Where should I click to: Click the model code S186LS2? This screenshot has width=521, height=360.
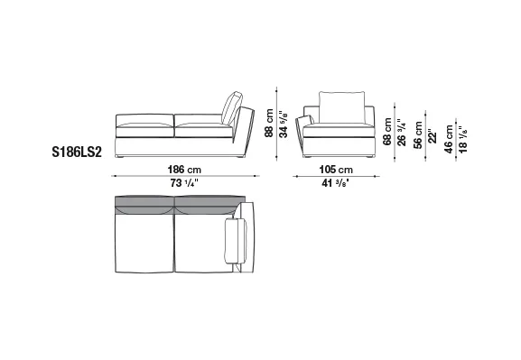77,152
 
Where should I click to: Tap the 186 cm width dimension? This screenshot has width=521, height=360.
184,170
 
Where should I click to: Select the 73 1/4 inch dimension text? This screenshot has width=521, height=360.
184,183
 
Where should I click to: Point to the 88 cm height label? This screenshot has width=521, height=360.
269,123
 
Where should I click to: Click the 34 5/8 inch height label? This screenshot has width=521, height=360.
284,125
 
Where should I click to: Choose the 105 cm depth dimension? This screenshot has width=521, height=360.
336,170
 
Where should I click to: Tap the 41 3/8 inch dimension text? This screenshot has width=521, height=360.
335,183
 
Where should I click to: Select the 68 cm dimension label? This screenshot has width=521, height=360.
387,132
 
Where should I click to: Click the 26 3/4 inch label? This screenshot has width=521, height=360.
402,132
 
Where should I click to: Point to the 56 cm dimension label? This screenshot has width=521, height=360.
418,135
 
